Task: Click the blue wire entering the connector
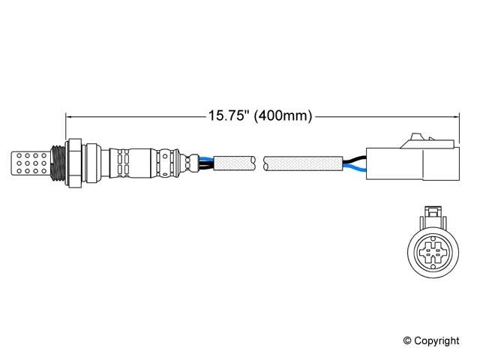click(355, 169)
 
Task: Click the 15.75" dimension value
click(228, 116)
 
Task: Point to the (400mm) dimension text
click(283, 116)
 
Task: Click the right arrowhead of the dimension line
click(454, 116)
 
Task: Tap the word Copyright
click(436, 341)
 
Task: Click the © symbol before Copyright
click(408, 341)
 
